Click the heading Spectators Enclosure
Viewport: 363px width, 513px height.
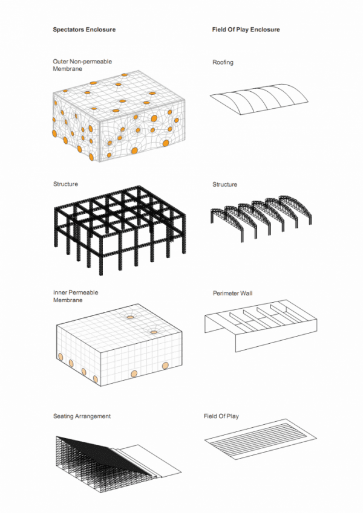point(84,30)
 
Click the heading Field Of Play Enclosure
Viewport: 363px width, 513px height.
point(246,30)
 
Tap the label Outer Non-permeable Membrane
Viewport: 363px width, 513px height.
point(82,65)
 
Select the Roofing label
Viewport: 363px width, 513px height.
point(223,62)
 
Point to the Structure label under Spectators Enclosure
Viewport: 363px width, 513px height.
point(65,184)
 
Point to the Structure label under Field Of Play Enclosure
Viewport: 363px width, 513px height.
point(224,184)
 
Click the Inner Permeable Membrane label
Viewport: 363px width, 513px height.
point(76,296)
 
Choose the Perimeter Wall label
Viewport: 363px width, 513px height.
point(232,293)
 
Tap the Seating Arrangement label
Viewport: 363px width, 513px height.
point(82,416)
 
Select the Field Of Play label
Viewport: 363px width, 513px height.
point(221,416)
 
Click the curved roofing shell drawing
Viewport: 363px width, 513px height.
point(259,99)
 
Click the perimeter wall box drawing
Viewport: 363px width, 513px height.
point(261,326)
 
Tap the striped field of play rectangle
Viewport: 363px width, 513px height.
point(261,439)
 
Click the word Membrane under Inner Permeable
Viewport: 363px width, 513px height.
point(68,300)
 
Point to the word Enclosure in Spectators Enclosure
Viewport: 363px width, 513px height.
point(100,30)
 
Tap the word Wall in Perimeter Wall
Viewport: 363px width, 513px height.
point(246,293)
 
